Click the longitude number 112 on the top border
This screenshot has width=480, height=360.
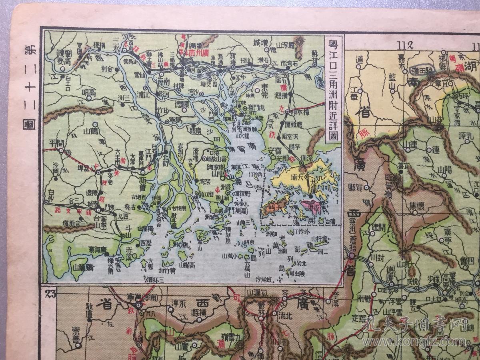[404, 44]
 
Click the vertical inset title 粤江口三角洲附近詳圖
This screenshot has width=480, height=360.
[333, 90]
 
